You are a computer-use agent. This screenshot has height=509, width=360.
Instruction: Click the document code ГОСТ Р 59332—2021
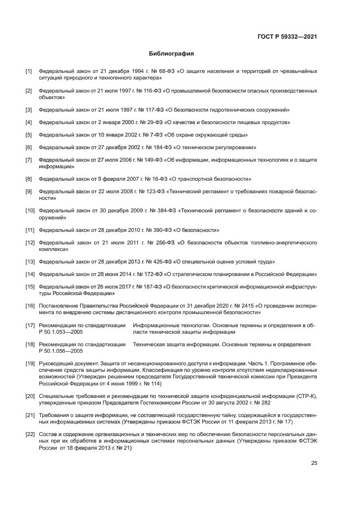pyautogui.click(x=287, y=37)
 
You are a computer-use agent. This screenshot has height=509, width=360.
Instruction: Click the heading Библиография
pyautogui.click(x=172, y=54)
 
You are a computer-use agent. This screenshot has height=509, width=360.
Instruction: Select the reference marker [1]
pyautogui.click(x=28, y=71)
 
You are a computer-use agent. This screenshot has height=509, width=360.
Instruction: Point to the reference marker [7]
pyautogui.click(x=28, y=160)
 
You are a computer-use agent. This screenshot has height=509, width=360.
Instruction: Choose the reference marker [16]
pyautogui.click(x=29, y=306)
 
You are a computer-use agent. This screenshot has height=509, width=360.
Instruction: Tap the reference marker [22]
pyautogui.click(x=29, y=434)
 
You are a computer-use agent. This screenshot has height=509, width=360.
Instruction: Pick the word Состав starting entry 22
pyautogui.click(x=48, y=434)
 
